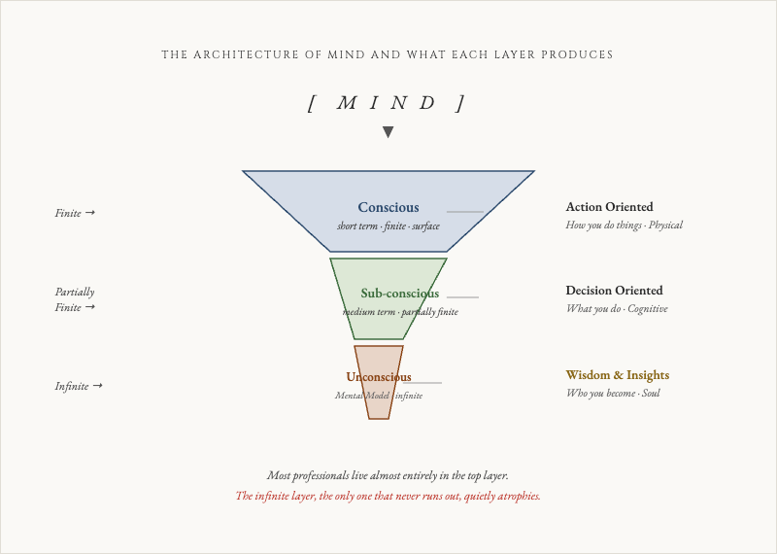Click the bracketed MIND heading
click(388, 103)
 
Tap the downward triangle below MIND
click(388, 132)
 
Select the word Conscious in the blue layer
click(388, 207)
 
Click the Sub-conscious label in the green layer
click(399, 294)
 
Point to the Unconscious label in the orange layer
click(378, 377)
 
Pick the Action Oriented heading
click(609, 207)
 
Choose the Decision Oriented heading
click(614, 291)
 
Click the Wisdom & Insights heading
click(617, 375)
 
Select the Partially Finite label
click(75, 299)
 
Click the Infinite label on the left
click(78, 386)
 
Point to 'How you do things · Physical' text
click(624, 225)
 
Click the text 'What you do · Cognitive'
click(617, 309)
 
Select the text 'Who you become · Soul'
click(613, 394)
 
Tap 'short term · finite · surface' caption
click(388, 226)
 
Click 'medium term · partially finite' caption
click(399, 312)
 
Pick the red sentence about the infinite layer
click(388, 496)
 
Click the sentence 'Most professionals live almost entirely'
click(388, 475)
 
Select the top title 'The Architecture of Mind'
click(388, 55)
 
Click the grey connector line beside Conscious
click(465, 211)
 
